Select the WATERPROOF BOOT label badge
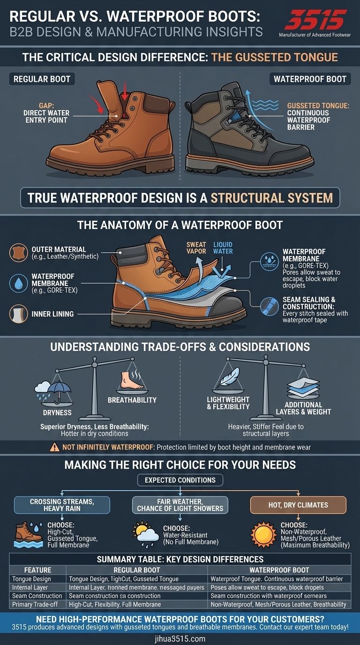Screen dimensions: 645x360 tap(310, 79)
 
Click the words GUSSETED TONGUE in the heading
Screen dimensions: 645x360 tap(274, 57)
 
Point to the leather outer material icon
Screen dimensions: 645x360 tap(19, 252)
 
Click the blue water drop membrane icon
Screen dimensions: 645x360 tap(19, 283)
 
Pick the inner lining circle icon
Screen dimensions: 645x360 tap(19, 313)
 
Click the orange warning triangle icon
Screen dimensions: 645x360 tap(55, 447)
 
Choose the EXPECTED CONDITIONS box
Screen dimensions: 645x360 tap(180, 480)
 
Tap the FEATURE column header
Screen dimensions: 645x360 tap(37, 570)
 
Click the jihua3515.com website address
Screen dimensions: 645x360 tap(180, 638)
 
